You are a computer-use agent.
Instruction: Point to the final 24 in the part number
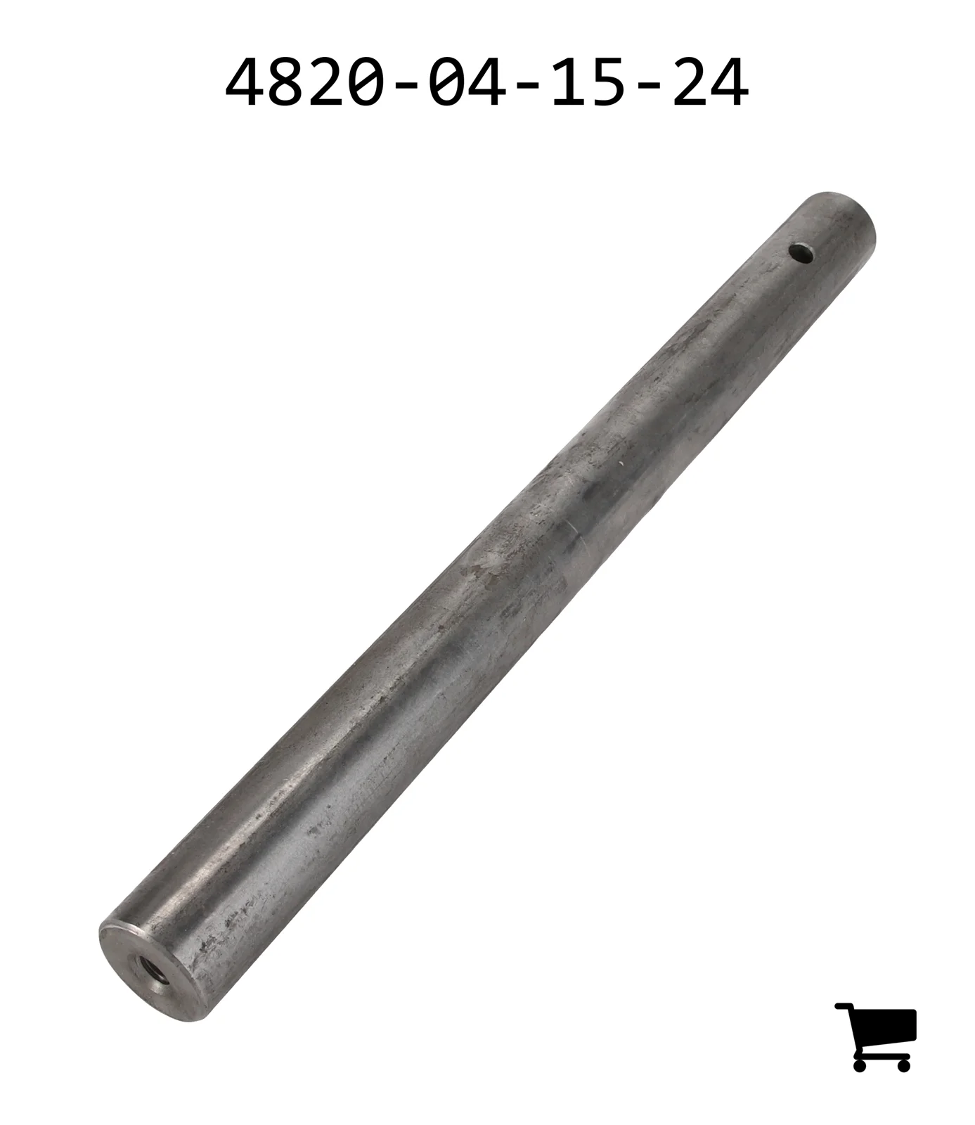click(711, 84)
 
